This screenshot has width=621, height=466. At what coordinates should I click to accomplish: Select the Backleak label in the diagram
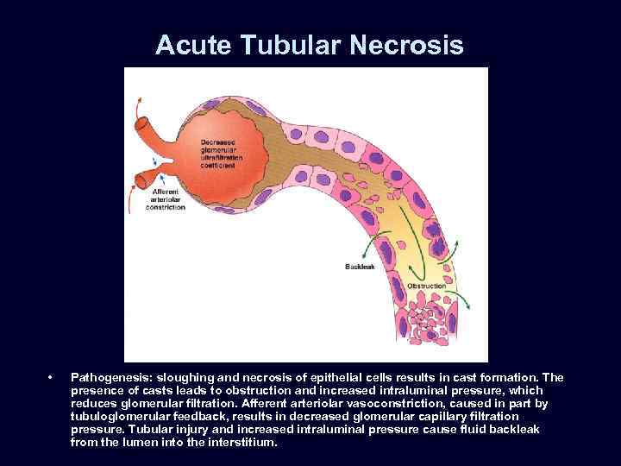tap(359, 268)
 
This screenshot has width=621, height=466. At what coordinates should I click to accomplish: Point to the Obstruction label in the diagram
tap(426, 286)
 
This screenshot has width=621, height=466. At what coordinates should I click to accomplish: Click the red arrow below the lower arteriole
tap(134, 204)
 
